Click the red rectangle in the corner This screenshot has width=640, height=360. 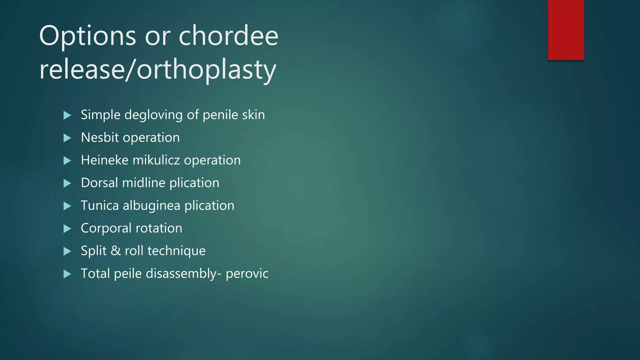[x=566, y=30]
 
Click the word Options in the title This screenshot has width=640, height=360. [x=88, y=36]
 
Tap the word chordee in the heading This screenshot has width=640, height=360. [x=228, y=36]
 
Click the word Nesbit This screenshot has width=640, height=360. [x=100, y=137]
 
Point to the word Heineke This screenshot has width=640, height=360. [x=105, y=160]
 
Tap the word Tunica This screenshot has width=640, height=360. [x=100, y=206]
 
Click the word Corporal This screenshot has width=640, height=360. [x=106, y=228]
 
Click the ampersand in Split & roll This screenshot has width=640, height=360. [x=116, y=251]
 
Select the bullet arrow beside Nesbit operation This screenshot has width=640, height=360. [x=67, y=138]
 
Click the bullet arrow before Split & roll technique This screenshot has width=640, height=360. [x=67, y=251]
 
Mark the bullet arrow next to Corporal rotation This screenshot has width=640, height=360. [x=67, y=229]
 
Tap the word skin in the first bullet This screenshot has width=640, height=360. [x=253, y=115]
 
